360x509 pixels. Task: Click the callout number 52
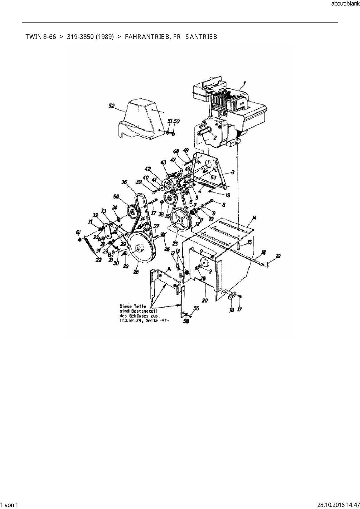pos(111,106)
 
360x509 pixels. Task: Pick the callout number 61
pos(78,232)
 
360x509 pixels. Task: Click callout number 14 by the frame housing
pos(254,218)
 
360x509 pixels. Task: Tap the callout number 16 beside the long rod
pos(263,252)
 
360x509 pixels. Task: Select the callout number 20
pos(205,301)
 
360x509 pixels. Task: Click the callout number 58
pos(186,321)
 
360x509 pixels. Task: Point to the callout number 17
pos(240,310)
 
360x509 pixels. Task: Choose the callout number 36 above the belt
pos(124,182)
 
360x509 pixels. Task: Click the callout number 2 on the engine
pos(215,138)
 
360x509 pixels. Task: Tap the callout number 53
pos(213,177)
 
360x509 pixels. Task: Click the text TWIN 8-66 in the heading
pos(41,37)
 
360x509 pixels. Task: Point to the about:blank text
pos(345,4)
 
